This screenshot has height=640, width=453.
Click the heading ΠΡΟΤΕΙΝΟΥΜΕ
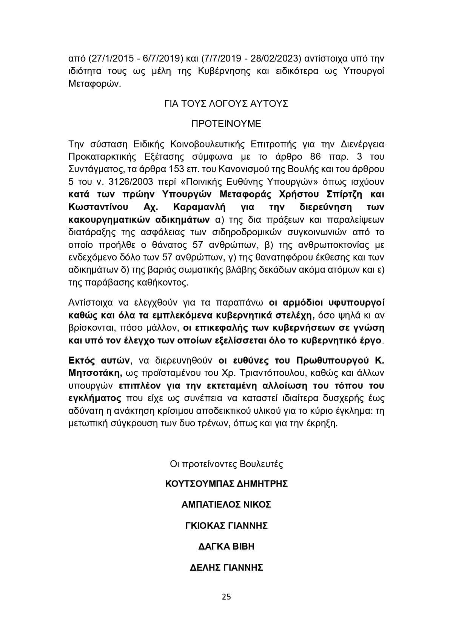click(226, 124)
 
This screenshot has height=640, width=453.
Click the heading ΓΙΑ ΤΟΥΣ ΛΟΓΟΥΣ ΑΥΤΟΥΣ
click(226, 103)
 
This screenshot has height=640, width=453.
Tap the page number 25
click(226, 597)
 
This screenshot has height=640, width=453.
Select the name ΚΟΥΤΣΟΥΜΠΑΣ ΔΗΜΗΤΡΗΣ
click(226, 484)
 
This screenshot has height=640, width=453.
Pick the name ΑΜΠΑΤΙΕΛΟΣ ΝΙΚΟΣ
click(226, 504)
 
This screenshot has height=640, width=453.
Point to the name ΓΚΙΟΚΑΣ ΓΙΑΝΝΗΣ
click(226, 525)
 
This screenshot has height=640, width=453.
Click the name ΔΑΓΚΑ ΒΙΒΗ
click(226, 547)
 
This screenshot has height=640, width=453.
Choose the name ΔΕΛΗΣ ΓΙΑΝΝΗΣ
click(226, 568)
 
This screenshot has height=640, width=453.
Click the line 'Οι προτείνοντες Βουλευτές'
click(226, 464)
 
